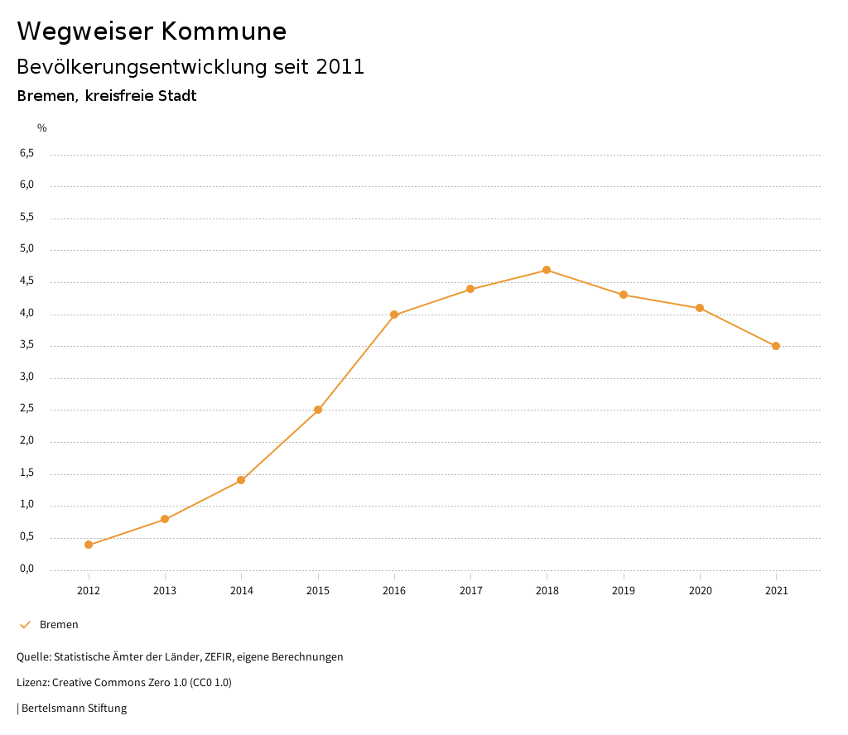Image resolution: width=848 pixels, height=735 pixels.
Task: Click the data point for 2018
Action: click(547, 270)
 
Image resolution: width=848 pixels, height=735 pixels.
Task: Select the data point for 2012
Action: click(89, 545)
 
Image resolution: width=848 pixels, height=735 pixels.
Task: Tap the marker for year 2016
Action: click(394, 315)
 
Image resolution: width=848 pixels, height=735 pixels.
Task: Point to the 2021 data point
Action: click(776, 346)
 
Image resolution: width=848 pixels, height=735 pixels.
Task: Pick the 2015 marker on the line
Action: click(318, 410)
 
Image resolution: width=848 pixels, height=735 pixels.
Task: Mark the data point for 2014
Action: click(241, 480)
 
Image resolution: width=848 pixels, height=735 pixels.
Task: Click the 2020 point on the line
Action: click(700, 308)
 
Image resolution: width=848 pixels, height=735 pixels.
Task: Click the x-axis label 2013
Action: click(165, 591)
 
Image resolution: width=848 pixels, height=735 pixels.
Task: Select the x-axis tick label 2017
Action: click(470, 591)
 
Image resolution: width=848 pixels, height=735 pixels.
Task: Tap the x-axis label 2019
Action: click(624, 591)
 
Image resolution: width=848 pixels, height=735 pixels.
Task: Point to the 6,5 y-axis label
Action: click(26, 153)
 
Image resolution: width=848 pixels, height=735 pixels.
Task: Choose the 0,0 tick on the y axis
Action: click(26, 569)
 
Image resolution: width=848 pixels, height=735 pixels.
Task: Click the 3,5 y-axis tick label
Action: click(26, 345)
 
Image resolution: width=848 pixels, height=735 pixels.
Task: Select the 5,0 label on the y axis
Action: click(26, 249)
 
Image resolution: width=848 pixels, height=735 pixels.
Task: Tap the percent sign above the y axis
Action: click(42, 128)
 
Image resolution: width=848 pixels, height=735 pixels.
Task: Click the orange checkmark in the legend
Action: click(25, 625)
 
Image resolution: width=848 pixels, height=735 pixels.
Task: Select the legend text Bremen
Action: click(59, 625)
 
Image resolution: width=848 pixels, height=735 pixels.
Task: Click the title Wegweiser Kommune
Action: click(152, 31)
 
